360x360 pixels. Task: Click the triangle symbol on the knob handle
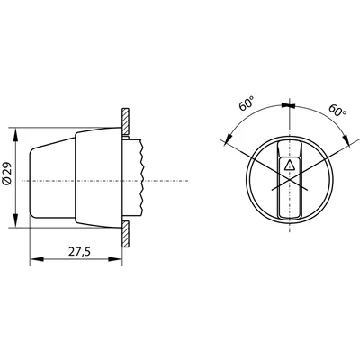(288, 166)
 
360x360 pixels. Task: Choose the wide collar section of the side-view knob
(97, 180)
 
